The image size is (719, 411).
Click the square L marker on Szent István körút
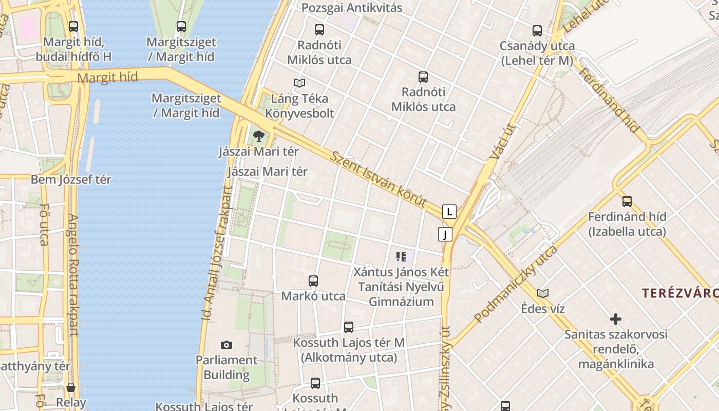point(449,211)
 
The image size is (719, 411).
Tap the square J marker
point(445,235)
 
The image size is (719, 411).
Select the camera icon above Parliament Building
point(226,345)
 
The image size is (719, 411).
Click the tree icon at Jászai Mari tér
point(259,136)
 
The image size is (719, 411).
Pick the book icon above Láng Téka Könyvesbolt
point(299,83)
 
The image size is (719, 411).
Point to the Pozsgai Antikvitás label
point(352,8)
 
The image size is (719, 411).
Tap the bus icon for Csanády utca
point(537,31)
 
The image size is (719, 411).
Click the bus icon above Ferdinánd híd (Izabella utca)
point(627,201)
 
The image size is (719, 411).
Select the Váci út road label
point(496,140)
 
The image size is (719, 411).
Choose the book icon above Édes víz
point(543,293)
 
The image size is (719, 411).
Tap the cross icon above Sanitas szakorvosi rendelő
point(616,319)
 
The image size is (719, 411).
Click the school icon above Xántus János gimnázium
point(401,256)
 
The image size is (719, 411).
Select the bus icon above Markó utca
point(313,281)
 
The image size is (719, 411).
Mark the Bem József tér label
point(71,180)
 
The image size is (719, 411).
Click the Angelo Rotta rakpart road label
point(73,275)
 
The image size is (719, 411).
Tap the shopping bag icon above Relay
point(71,387)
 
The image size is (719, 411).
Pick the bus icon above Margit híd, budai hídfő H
point(73,27)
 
